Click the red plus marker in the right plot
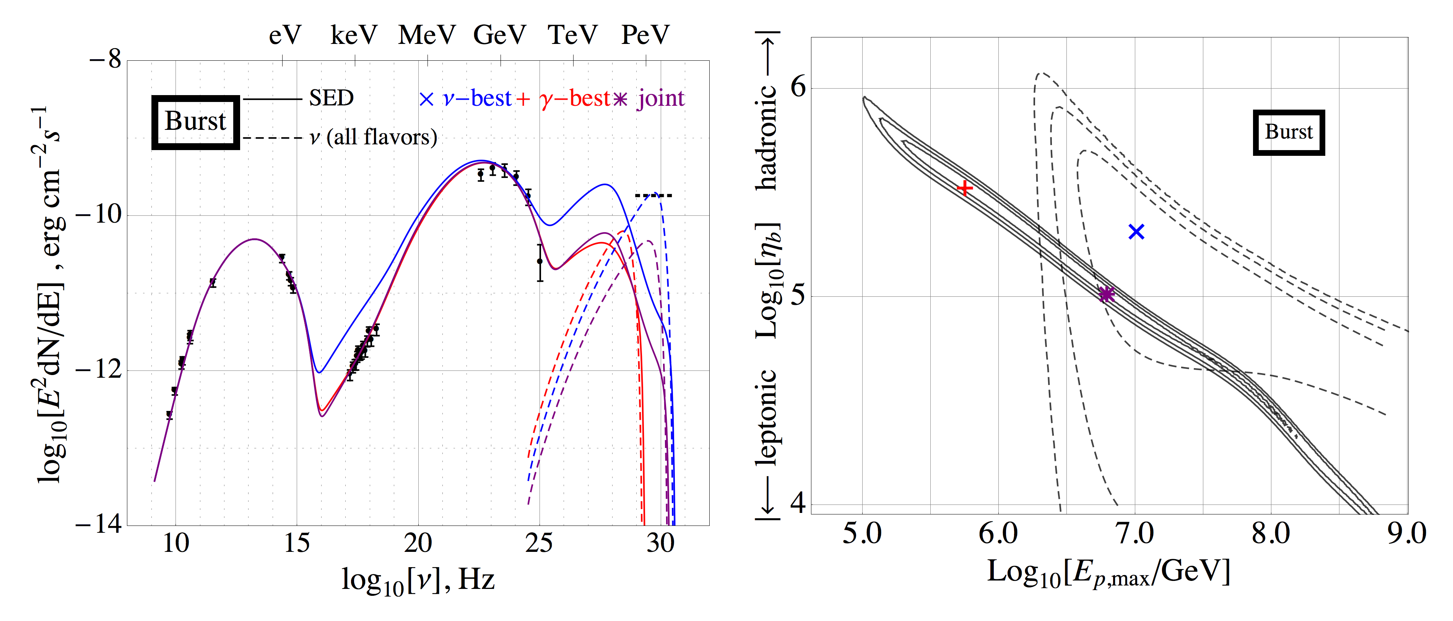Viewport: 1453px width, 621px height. point(965,188)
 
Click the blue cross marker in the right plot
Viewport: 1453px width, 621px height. point(1136,231)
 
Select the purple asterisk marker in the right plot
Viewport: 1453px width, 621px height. point(1107,294)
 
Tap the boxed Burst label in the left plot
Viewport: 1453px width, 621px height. point(195,122)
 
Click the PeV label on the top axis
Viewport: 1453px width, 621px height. point(645,35)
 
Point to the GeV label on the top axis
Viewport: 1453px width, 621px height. point(499,35)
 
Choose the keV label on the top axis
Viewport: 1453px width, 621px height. point(354,35)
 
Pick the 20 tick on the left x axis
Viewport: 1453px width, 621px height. point(418,543)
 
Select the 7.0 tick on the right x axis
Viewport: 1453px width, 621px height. point(1135,533)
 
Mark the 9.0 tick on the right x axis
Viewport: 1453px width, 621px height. point(1407,533)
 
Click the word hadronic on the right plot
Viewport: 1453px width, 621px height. point(767,137)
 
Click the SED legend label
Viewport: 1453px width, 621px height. point(331,99)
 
